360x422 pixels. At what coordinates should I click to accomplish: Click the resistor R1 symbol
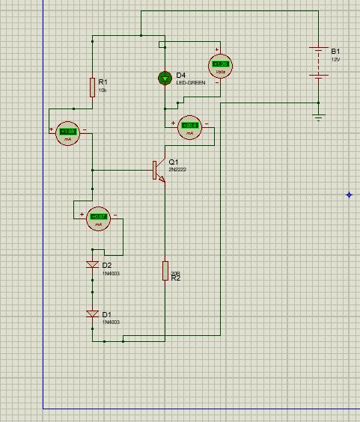click(x=92, y=88)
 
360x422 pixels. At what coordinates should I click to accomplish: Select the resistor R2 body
click(x=165, y=271)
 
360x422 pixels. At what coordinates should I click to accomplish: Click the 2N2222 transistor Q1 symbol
click(x=157, y=170)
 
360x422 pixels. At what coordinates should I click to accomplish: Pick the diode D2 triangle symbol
click(x=92, y=265)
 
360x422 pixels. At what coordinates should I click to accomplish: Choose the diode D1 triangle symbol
click(x=92, y=314)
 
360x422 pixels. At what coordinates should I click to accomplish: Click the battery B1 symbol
click(x=319, y=63)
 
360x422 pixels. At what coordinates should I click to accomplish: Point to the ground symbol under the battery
click(x=319, y=116)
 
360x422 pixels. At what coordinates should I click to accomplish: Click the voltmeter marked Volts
click(x=220, y=65)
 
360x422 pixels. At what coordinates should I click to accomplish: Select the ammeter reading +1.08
click(x=67, y=132)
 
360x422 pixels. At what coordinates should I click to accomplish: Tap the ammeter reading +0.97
click(x=98, y=218)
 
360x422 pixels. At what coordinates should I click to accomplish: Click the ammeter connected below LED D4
click(x=190, y=126)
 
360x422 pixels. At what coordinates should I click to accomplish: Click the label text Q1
click(x=174, y=162)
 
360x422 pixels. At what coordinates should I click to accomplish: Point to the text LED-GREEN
click(x=190, y=82)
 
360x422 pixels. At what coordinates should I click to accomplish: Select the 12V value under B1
click(x=335, y=58)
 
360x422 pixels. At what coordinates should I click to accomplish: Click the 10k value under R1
click(x=103, y=90)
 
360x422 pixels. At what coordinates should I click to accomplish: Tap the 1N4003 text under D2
click(x=111, y=273)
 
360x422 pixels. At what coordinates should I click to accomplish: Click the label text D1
click(x=107, y=314)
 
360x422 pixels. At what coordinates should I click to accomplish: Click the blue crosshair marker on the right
click(x=350, y=195)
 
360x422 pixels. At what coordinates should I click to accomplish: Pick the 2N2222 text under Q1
click(x=177, y=170)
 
